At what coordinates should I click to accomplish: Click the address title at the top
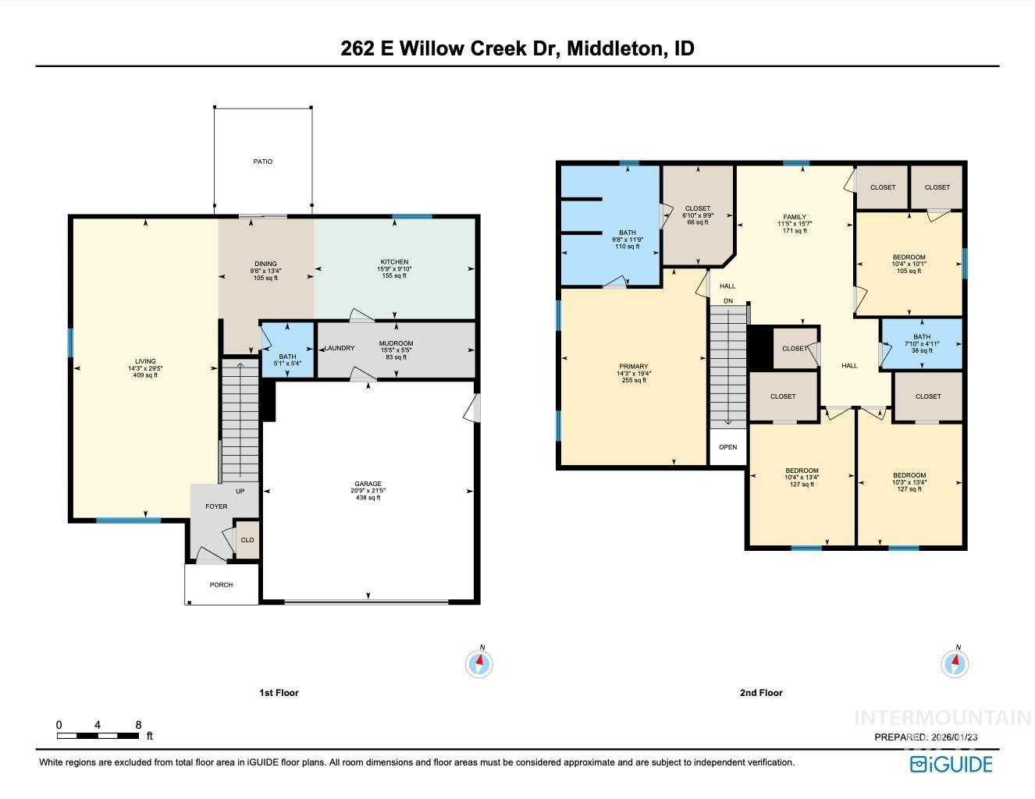coord(517,48)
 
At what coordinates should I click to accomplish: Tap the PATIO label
coord(263,162)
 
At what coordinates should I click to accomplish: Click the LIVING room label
coord(145,362)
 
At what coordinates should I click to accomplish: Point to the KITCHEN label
coord(394,263)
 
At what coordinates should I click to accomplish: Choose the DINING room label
coord(265,265)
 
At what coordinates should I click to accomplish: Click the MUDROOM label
coord(396,344)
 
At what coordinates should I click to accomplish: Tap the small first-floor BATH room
coord(287,357)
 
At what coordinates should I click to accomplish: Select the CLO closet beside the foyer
coord(247,540)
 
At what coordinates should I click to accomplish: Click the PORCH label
coord(222,585)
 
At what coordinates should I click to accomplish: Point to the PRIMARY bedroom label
coord(634,368)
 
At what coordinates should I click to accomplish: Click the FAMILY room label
coord(795,218)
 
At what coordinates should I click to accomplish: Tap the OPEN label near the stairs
coord(727,448)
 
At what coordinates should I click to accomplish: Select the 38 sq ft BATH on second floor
coord(922,343)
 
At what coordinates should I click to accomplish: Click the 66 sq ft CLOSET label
coord(697,209)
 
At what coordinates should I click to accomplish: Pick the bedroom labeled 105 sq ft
coord(909,258)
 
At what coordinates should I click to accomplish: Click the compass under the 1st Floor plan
coord(479,664)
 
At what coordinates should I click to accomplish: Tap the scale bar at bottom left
coord(98,735)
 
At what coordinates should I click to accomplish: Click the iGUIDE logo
coord(951,764)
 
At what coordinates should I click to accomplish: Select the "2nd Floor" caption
coord(760,693)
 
